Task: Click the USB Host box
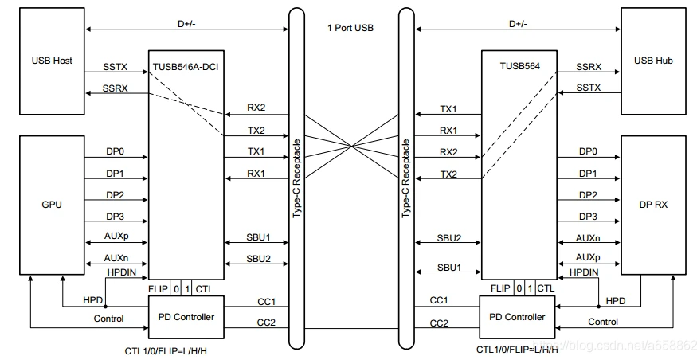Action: click(x=52, y=61)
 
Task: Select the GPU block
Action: click(x=52, y=205)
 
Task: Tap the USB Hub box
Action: click(x=653, y=61)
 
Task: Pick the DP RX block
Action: click(x=653, y=205)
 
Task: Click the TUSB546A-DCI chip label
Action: click(x=186, y=67)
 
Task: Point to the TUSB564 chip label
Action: click(x=519, y=66)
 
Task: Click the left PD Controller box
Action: click(x=186, y=317)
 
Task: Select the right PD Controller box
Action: click(x=517, y=317)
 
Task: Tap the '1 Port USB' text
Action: click(x=350, y=28)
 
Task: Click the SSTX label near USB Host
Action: click(x=116, y=67)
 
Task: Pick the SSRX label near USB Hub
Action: click(x=589, y=67)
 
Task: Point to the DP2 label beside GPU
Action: click(x=115, y=194)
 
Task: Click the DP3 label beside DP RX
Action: click(x=588, y=217)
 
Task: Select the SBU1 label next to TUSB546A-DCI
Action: click(x=258, y=237)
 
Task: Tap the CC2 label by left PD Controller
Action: click(x=266, y=323)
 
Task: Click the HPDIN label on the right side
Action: click(x=584, y=272)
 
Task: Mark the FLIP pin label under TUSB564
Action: click(x=500, y=288)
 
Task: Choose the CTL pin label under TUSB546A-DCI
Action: click(x=204, y=289)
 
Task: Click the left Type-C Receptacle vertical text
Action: click(x=296, y=178)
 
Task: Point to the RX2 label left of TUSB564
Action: click(x=448, y=152)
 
